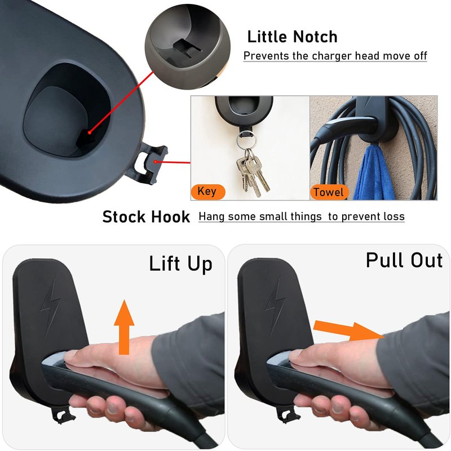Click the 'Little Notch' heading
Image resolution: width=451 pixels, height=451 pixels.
[x=292, y=37]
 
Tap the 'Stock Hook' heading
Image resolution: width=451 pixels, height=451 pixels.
[x=146, y=217]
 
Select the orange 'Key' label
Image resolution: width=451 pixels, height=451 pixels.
[x=207, y=192]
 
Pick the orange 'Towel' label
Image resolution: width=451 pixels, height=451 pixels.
[x=329, y=192]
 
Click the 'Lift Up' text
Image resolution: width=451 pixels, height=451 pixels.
[x=180, y=263]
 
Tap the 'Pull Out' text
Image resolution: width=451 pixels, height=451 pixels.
[x=404, y=260]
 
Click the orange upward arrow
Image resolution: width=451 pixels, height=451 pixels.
[x=124, y=327]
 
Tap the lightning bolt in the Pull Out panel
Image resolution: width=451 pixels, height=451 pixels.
[x=276, y=306]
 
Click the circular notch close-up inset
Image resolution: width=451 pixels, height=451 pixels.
[x=188, y=46]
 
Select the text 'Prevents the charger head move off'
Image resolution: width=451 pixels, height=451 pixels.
[x=335, y=56]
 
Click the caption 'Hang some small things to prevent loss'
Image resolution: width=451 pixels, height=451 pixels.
[x=302, y=216]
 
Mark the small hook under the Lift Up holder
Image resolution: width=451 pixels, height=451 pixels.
[x=63, y=415]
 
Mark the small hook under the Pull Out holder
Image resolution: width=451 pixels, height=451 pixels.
[x=287, y=414]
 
